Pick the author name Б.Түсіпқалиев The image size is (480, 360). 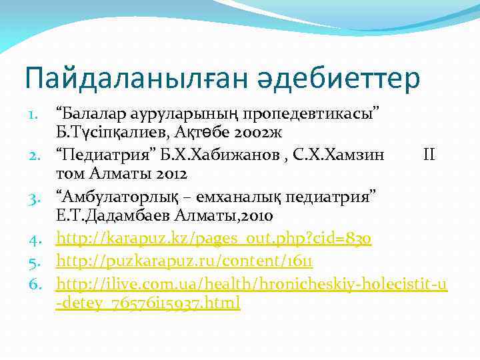point(107,132)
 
